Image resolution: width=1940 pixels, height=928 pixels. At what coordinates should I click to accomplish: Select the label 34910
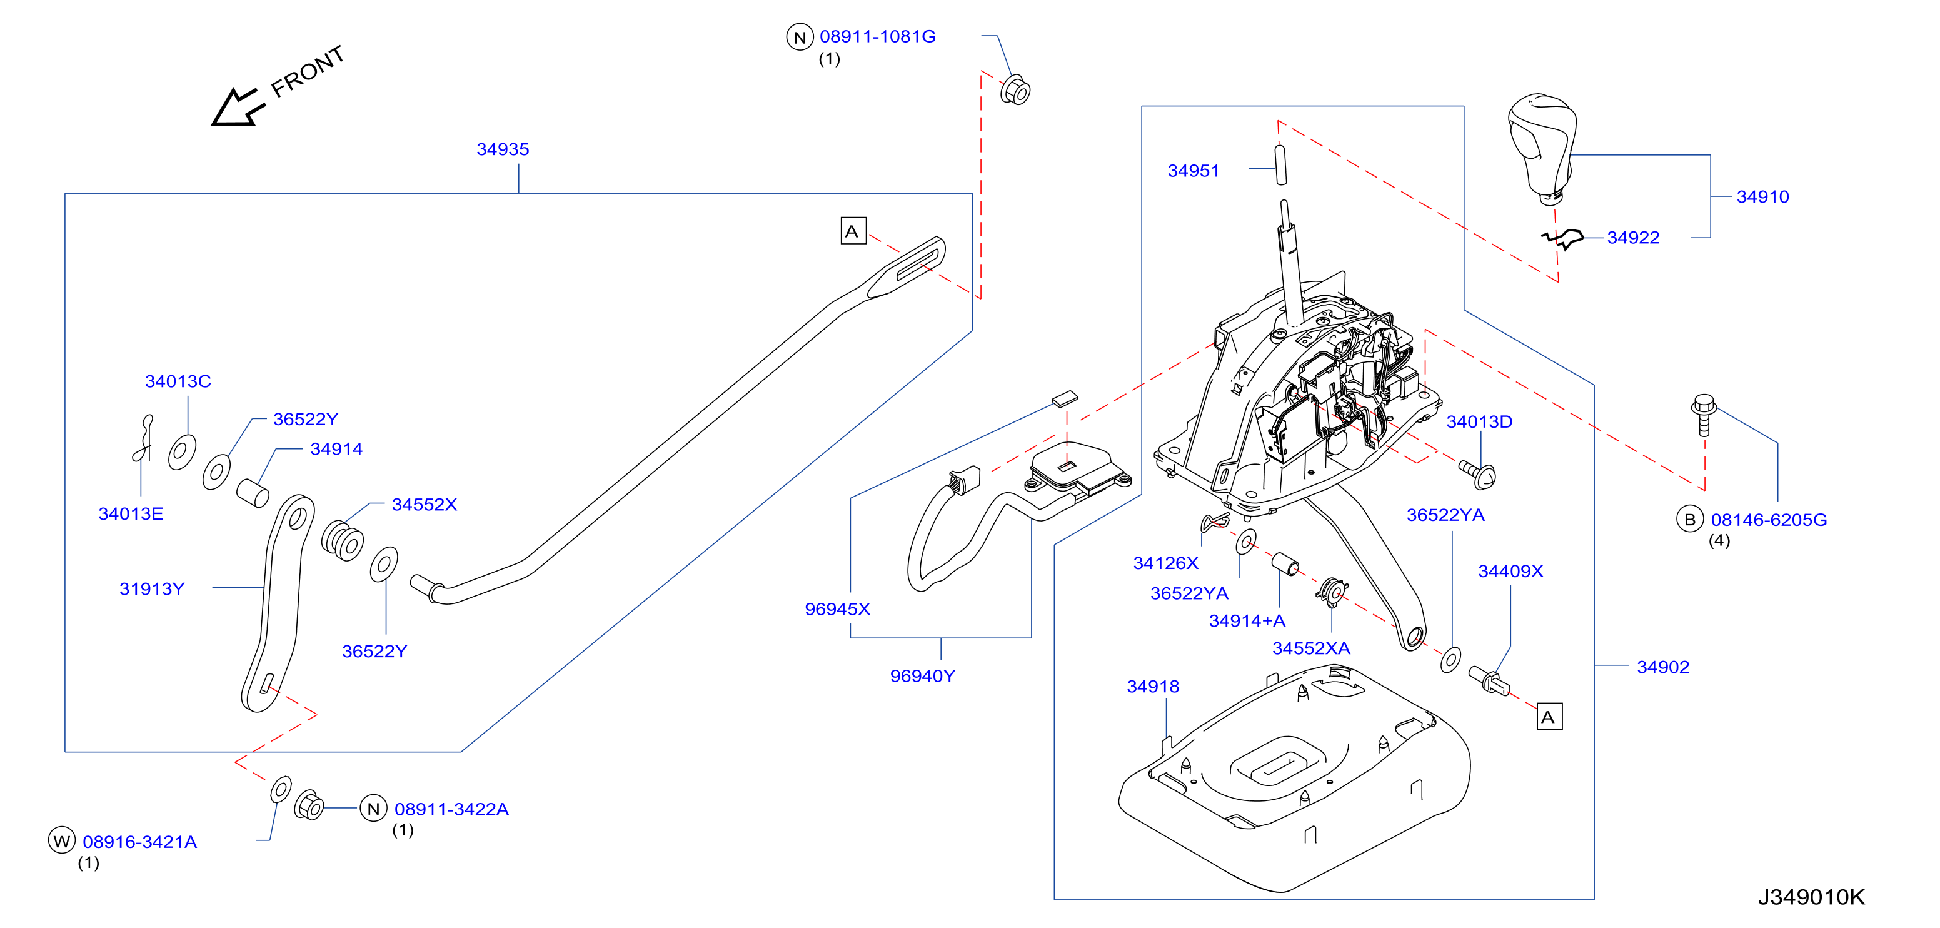coord(1762,196)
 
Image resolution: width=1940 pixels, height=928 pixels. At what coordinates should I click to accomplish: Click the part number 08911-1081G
coord(877,36)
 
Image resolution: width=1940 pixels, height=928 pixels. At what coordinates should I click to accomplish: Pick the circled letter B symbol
coord(1690,519)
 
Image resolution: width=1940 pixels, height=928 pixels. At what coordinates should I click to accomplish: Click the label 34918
coord(1152,686)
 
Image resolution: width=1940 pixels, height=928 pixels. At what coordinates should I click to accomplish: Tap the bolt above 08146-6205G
coord(1704,414)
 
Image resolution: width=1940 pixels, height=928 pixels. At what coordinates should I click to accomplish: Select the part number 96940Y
coord(923,675)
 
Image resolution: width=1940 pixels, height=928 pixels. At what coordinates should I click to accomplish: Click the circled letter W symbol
coord(62,840)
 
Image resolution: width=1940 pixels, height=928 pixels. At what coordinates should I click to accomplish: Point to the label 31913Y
coord(151,588)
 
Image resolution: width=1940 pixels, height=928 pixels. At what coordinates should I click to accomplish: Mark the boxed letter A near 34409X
coord(1549,717)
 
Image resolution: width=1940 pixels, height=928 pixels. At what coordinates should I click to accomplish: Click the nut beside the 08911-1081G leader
coord(1015,91)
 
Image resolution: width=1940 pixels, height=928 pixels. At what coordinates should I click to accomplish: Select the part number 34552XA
coord(1311,648)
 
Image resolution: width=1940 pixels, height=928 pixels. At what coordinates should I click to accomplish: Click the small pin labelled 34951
coord(1280,165)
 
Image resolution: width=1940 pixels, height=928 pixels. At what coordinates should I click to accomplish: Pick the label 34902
coord(1663,667)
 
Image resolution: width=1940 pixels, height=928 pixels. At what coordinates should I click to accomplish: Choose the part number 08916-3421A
coord(140,841)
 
